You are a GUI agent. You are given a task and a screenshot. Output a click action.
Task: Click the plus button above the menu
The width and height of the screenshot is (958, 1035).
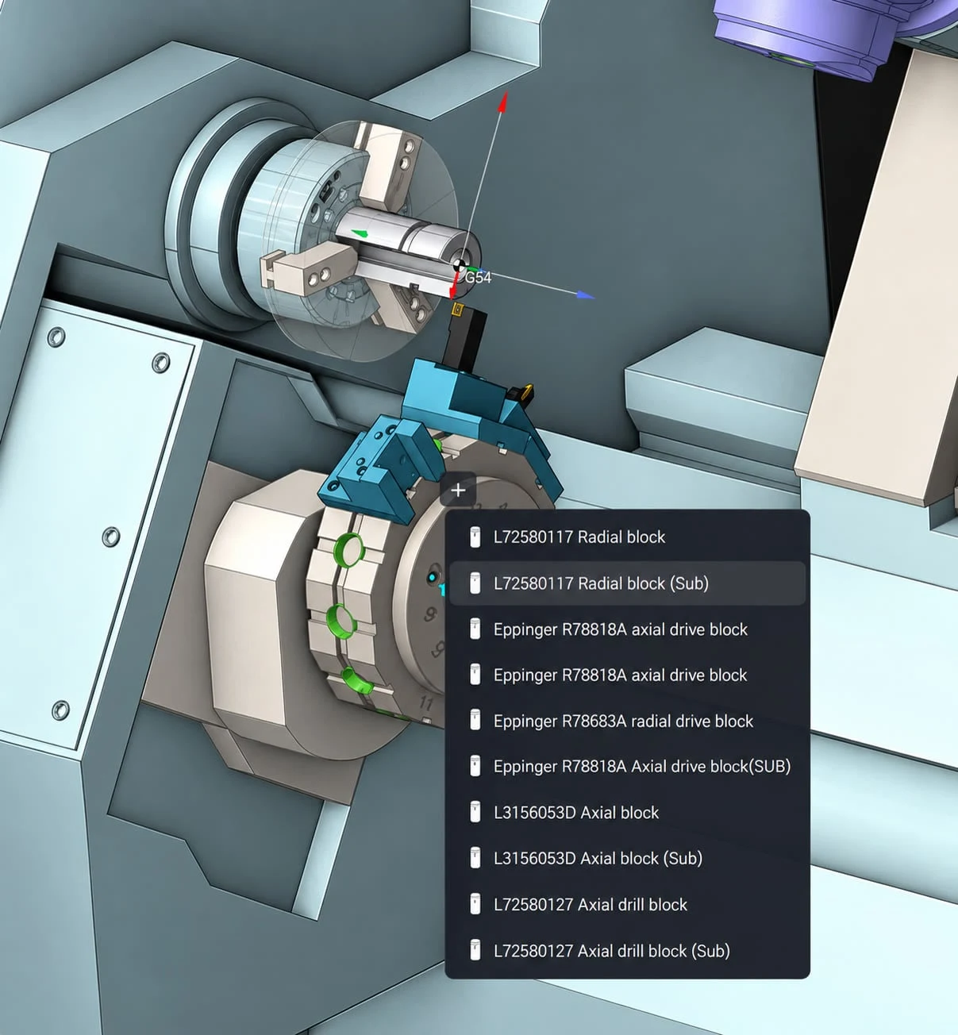coord(458,491)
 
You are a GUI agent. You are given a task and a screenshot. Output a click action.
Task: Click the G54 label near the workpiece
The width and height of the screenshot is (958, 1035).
coord(478,278)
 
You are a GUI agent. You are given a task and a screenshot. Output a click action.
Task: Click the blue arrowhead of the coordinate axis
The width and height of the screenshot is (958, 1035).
coord(587,295)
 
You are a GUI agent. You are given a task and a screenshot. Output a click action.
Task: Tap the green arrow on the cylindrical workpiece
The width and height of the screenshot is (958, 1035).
coord(360,233)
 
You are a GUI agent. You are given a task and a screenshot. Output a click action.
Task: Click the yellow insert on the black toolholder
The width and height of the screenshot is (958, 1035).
coord(457,309)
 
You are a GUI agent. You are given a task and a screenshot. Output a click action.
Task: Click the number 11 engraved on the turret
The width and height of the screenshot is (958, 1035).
coord(426,704)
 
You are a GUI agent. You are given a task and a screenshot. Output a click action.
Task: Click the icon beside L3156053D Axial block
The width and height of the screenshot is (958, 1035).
coord(475,813)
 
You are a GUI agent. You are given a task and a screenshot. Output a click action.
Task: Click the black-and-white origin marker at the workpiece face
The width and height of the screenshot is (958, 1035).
coord(459,266)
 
